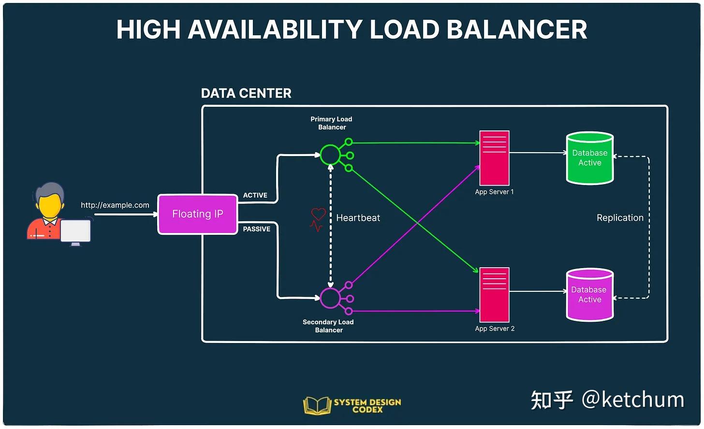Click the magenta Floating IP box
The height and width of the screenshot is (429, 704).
[x=197, y=214]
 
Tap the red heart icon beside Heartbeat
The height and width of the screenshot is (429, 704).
[x=318, y=214]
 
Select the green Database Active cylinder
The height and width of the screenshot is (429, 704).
[x=589, y=158]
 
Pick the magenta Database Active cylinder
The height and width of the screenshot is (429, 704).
[x=589, y=295]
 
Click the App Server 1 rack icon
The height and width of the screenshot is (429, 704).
[x=494, y=158]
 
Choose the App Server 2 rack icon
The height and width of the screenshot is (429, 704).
[x=494, y=295]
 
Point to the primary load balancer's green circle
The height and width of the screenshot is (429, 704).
[x=330, y=155]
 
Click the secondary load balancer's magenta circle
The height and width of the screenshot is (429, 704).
[x=330, y=298]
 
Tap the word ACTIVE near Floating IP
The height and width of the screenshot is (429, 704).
[x=255, y=195]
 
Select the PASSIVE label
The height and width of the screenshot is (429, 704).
[x=256, y=229]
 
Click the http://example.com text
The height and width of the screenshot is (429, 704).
[x=115, y=205]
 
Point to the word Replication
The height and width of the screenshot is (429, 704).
[x=620, y=218]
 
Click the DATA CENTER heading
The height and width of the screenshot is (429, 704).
[x=246, y=93]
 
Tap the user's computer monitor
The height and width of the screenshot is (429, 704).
[x=75, y=232]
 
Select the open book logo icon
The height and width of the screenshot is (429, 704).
[x=317, y=405]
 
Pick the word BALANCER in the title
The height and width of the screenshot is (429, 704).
[x=517, y=29]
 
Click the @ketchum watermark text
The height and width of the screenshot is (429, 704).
[x=633, y=400]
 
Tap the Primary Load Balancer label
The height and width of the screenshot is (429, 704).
[x=332, y=123]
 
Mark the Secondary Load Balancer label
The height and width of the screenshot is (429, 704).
[x=328, y=326]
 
